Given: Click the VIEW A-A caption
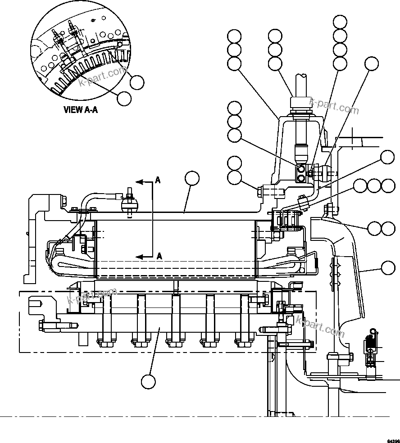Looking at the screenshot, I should click(x=81, y=109).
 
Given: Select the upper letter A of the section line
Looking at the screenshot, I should click(x=158, y=180).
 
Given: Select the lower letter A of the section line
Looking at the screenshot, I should click(x=159, y=256).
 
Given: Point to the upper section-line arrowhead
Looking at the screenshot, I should click(x=139, y=182).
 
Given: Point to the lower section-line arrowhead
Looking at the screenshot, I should click(x=139, y=257).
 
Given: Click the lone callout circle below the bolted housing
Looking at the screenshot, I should click(x=148, y=382).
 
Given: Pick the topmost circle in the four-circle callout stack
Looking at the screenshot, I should click(x=340, y=21).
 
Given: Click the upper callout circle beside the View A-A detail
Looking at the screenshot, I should click(x=137, y=82).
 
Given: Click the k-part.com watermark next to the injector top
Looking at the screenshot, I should click(x=334, y=106).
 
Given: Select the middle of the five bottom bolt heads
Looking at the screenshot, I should click(x=173, y=341).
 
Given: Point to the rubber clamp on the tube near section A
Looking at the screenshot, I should click(x=129, y=205).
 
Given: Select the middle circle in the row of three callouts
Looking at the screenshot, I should click(x=374, y=186).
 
